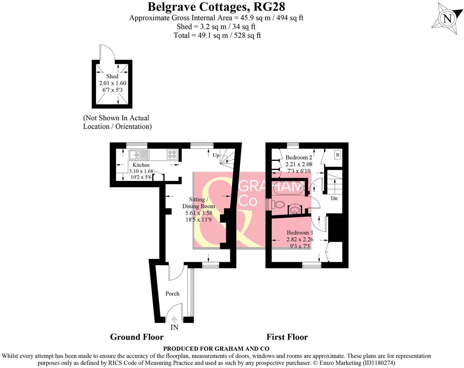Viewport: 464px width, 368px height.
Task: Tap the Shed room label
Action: pyautogui.click(x=112, y=76)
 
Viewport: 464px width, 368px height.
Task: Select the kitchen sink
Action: pyautogui.click(x=139, y=155)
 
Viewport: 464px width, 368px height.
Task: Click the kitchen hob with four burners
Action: pyautogui.click(x=172, y=154)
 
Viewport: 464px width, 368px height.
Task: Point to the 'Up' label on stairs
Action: pyautogui.click(x=216, y=155)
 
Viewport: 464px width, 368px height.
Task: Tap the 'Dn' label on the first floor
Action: pyautogui.click(x=334, y=199)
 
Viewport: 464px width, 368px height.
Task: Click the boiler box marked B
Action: pyautogui.click(x=337, y=155)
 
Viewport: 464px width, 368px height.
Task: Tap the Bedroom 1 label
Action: pyautogui.click(x=300, y=232)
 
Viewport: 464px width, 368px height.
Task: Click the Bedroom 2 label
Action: pyautogui.click(x=299, y=157)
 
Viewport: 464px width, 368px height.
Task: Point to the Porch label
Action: pyautogui.click(x=172, y=294)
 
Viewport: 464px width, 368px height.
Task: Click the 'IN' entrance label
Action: pyautogui.click(x=174, y=327)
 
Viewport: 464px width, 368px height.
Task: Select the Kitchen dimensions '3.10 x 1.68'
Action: pyautogui.click(x=141, y=171)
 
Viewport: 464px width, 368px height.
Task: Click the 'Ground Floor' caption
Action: pyautogui.click(x=137, y=337)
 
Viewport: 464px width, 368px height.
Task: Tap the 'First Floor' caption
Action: pyautogui.click(x=287, y=337)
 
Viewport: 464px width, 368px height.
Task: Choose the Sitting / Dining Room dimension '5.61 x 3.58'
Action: pyautogui.click(x=199, y=213)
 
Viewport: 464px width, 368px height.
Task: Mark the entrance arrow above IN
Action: pyautogui.click(x=174, y=320)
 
